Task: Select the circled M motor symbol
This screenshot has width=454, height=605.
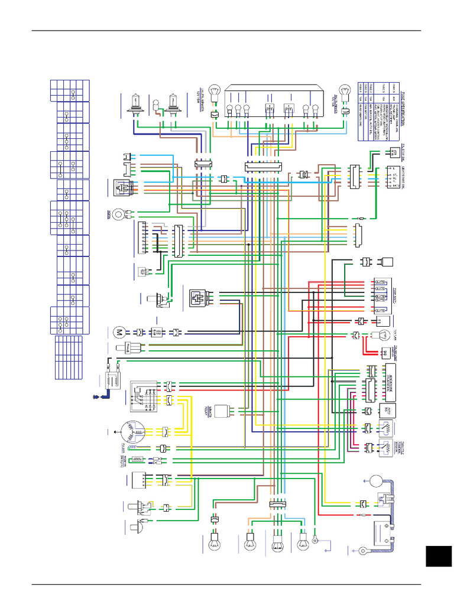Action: (x=118, y=332)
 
